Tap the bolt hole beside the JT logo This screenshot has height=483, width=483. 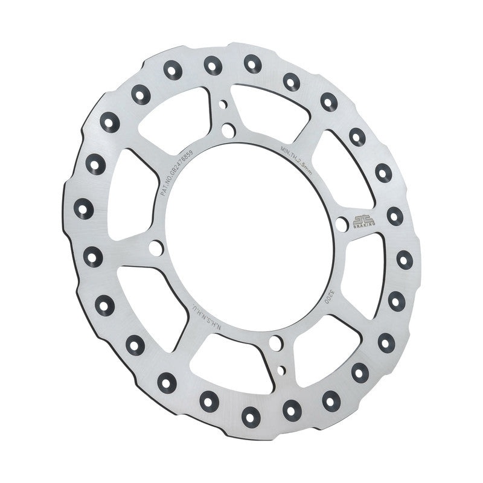(342, 225)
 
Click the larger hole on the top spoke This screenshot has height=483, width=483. (228, 130)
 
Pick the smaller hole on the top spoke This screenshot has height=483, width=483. (223, 104)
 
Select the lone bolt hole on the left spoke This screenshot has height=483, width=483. (155, 248)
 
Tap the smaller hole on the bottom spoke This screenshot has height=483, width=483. (281, 369)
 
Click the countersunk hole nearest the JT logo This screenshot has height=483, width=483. (395, 216)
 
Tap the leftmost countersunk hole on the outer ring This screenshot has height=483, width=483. (84, 209)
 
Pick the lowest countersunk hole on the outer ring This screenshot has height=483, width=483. (250, 415)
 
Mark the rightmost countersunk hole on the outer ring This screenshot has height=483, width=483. (405, 260)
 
